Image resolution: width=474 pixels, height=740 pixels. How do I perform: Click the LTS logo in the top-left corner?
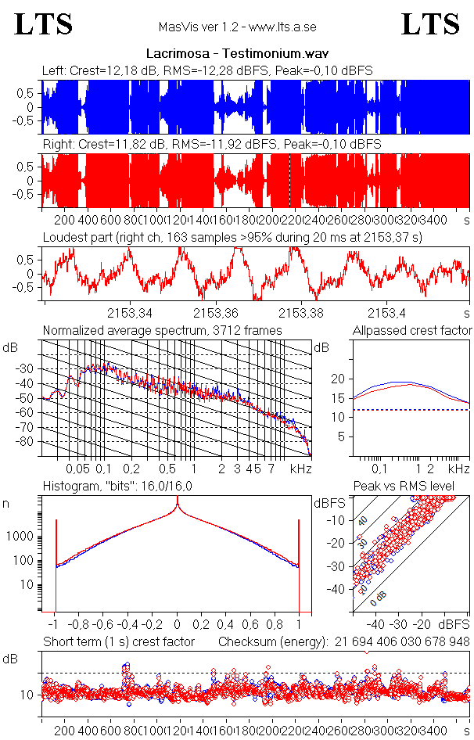44,24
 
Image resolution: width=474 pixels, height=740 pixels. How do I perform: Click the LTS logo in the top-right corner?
430,24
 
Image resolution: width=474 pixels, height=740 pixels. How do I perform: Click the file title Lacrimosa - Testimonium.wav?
237,54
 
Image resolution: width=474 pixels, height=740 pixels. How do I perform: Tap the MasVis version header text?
237,27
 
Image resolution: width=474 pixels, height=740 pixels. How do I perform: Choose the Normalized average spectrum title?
162,331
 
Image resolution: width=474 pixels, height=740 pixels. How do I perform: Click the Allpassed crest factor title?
412,331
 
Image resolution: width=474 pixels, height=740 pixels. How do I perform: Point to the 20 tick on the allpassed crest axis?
337,379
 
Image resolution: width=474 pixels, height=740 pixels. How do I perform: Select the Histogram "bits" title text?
117,487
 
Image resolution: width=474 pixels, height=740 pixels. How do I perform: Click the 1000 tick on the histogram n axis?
20,537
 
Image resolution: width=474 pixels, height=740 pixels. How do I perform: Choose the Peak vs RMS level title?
415,487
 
